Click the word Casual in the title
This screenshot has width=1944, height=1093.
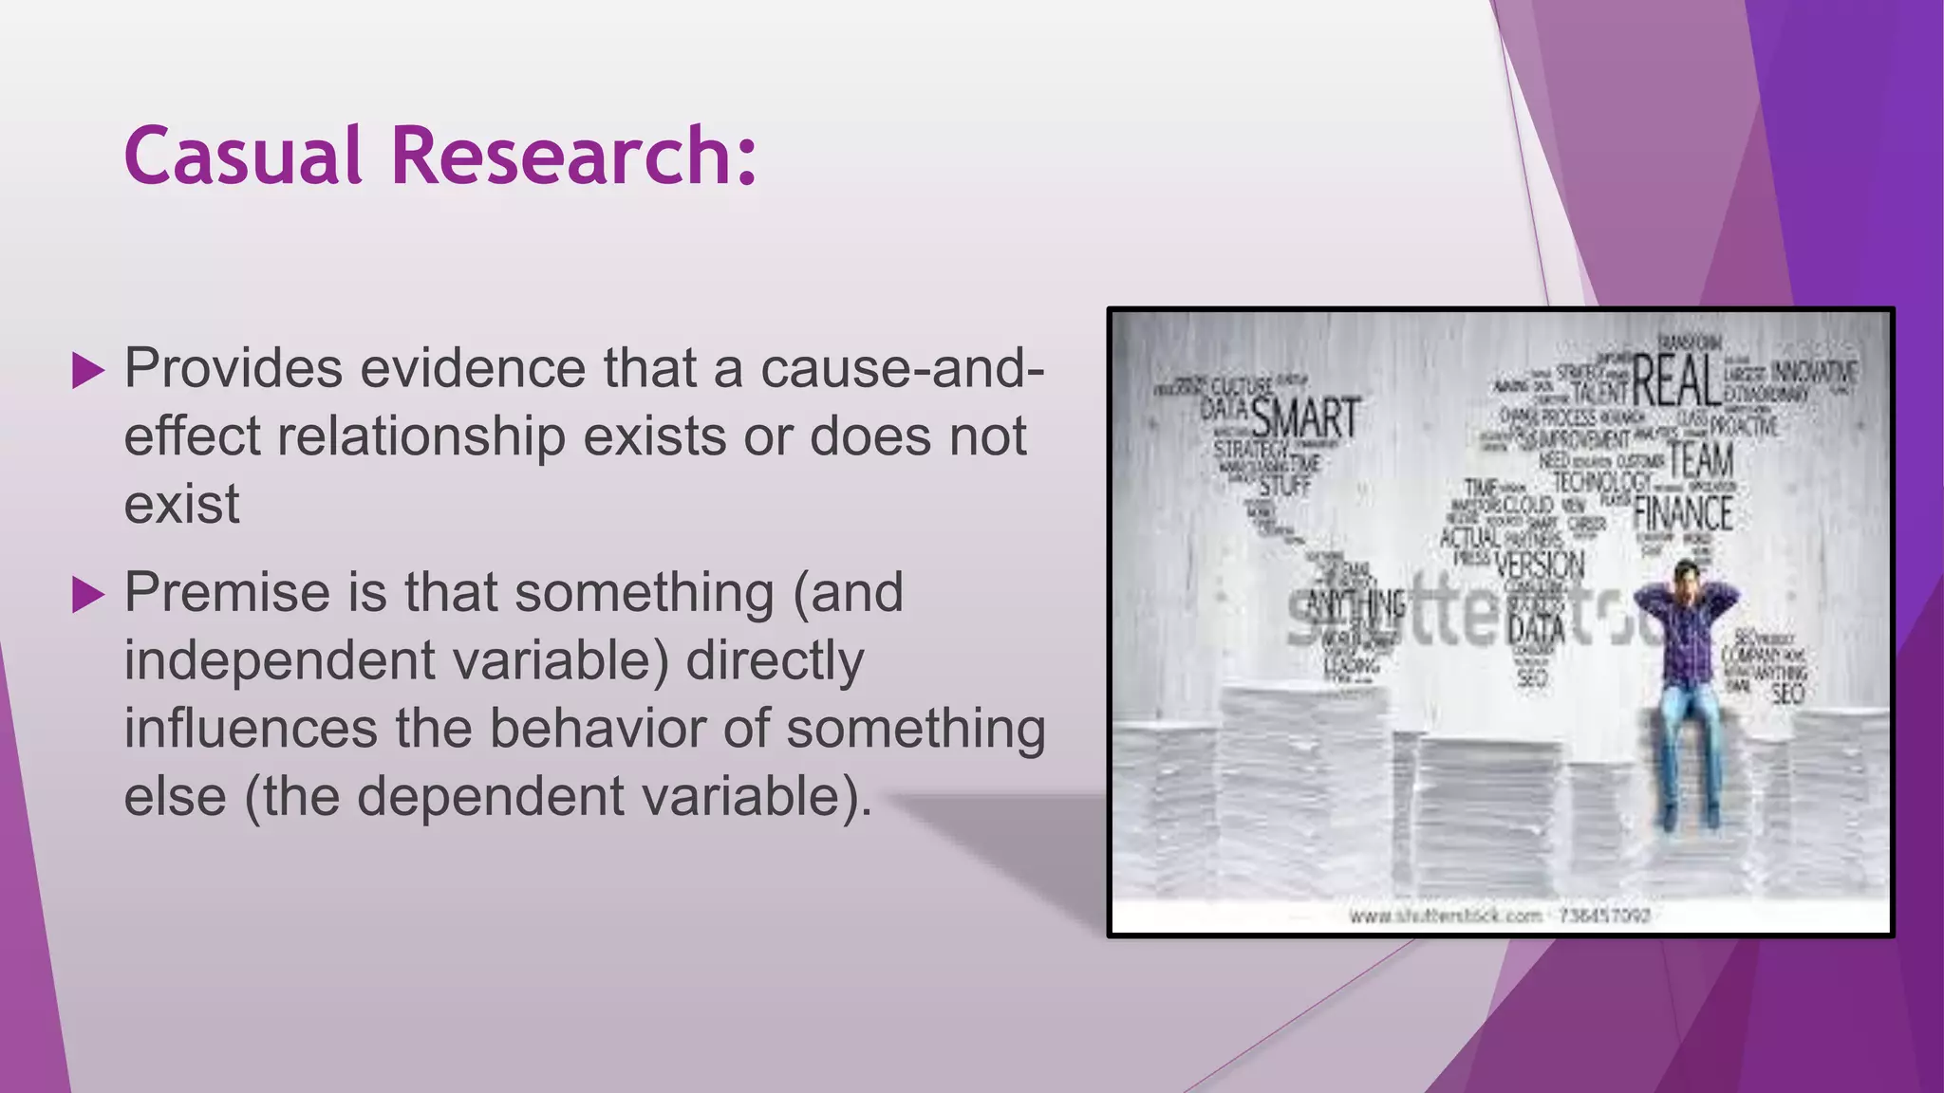(243, 155)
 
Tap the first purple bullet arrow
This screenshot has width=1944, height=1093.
(87, 371)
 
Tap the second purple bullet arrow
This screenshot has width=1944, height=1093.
(87, 595)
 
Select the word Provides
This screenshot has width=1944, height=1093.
(234, 368)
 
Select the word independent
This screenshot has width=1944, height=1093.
(280, 660)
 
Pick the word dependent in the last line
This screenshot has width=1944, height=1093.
(491, 796)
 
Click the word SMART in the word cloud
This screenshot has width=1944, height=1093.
(1306, 418)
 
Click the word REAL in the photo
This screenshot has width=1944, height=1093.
(1676, 380)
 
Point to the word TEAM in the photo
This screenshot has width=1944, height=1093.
(1701, 460)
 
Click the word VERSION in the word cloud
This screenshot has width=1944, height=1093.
(1539, 565)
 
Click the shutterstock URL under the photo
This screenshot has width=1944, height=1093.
(1500, 916)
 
